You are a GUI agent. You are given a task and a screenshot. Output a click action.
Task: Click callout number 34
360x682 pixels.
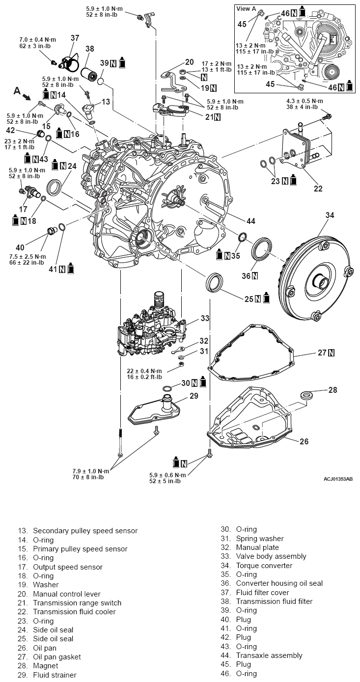tap(330, 215)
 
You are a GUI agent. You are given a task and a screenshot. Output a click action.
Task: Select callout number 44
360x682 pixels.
tap(251, 221)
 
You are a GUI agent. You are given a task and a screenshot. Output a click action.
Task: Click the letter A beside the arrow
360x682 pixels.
tap(17, 91)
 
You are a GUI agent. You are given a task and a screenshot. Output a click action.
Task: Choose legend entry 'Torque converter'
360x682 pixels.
tap(264, 565)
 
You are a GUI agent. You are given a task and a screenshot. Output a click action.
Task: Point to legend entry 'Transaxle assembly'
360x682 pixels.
tap(269, 655)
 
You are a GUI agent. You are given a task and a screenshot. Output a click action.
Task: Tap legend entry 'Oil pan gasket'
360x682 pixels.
tap(56, 656)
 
